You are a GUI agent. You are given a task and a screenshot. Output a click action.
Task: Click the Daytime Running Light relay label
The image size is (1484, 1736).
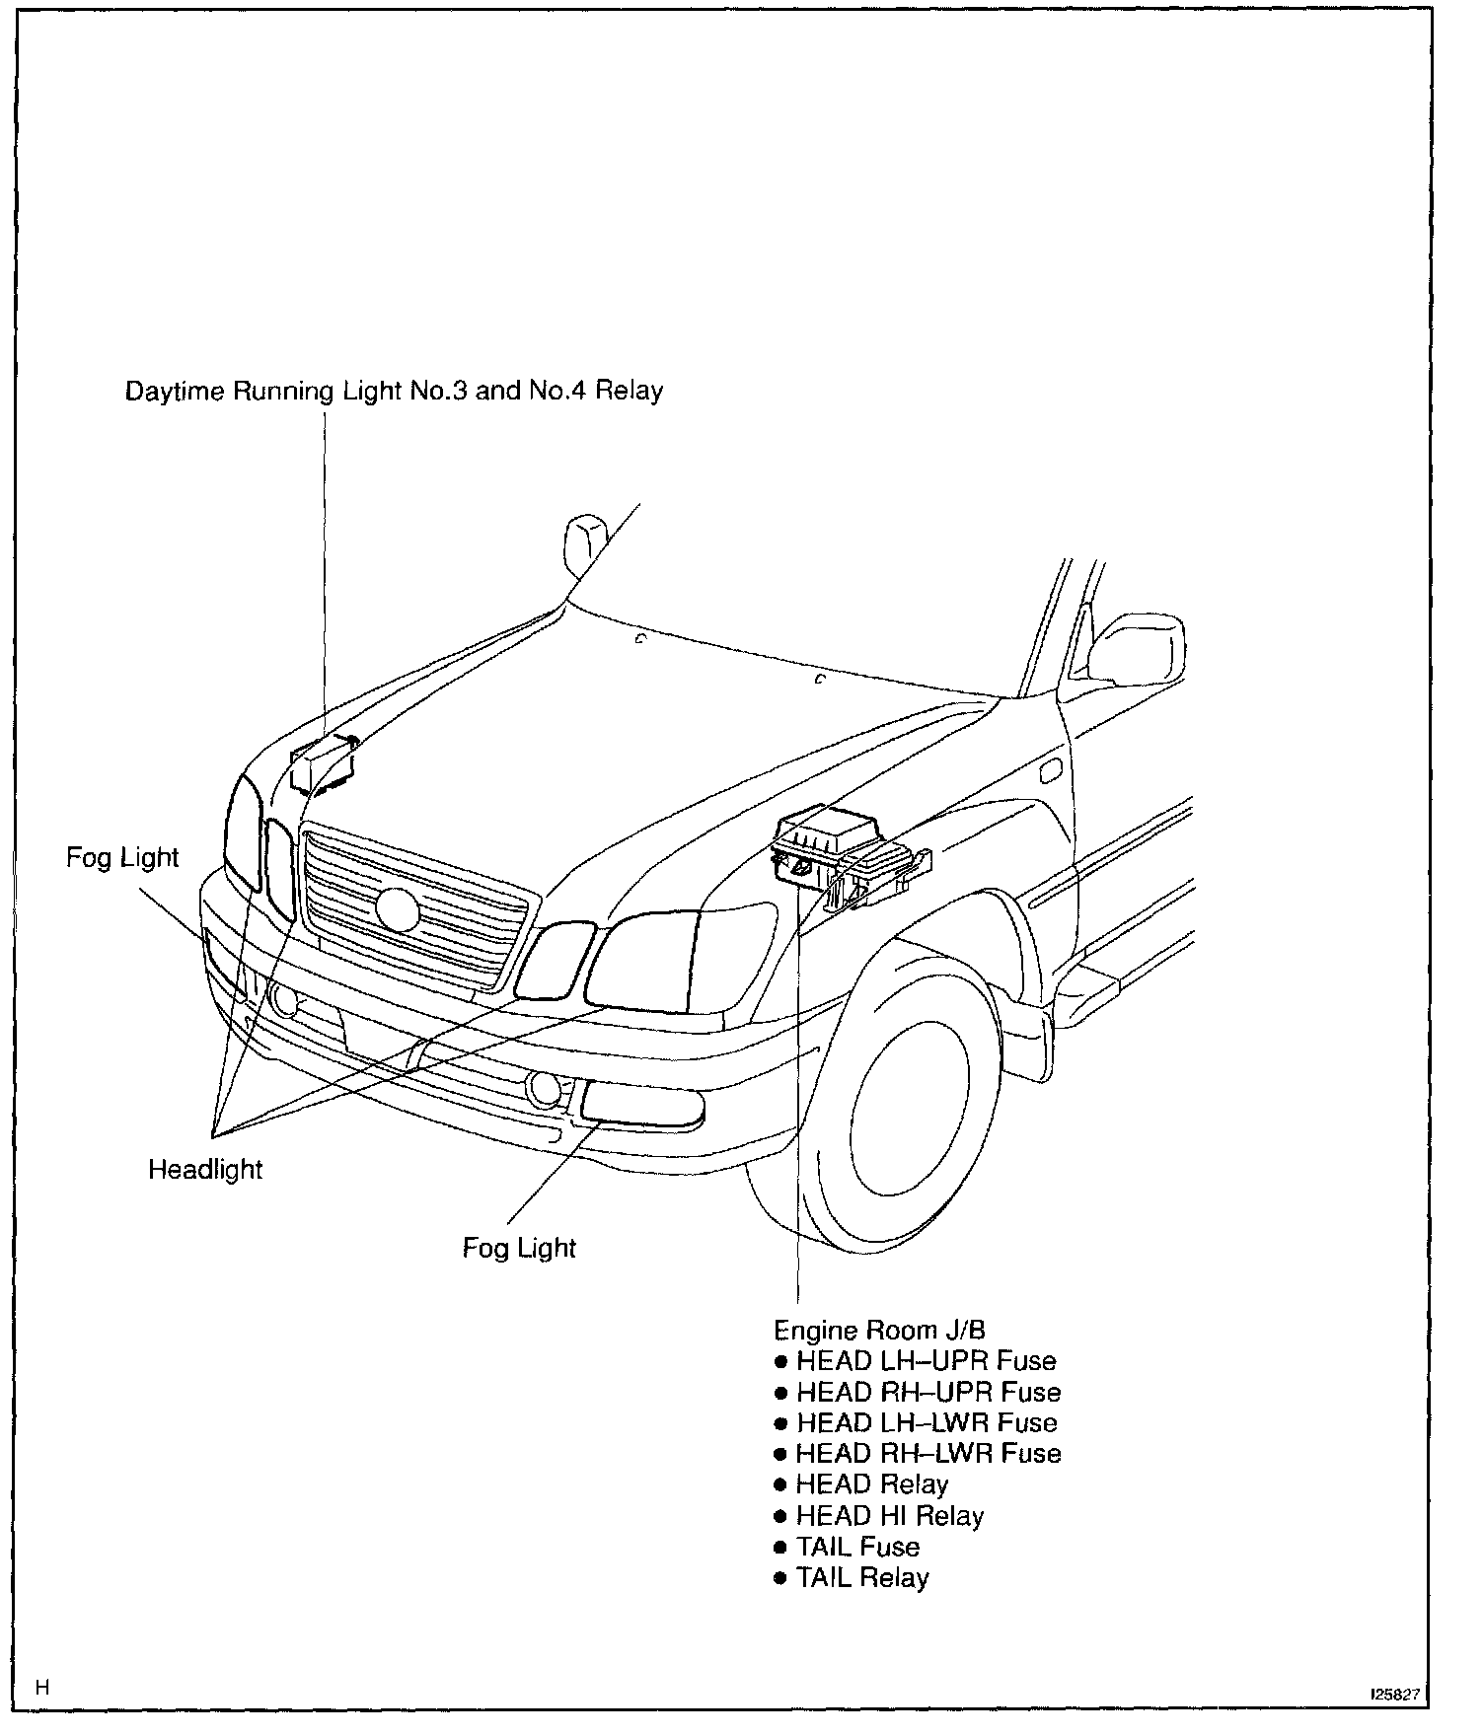(x=394, y=391)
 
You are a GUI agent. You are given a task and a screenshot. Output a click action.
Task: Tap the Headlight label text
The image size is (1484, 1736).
(x=205, y=1170)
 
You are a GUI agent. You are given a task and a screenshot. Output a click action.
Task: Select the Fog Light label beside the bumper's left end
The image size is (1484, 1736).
(x=122, y=857)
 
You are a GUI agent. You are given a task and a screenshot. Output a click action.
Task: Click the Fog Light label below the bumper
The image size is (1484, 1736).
(x=519, y=1248)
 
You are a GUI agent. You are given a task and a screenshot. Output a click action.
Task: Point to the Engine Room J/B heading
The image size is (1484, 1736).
(x=879, y=1330)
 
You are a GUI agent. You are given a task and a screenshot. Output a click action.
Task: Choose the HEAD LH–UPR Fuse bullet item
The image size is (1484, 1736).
(x=926, y=1361)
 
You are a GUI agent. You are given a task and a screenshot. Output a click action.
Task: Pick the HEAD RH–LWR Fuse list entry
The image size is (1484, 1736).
(x=927, y=1453)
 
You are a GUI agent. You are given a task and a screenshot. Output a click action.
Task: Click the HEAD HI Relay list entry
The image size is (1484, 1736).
(x=889, y=1515)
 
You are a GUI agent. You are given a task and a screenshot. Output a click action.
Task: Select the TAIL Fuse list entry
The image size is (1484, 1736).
(x=857, y=1546)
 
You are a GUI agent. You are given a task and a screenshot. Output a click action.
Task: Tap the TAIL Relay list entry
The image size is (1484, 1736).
(x=862, y=1577)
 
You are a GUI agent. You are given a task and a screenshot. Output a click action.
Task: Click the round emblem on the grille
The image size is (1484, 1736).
(x=398, y=908)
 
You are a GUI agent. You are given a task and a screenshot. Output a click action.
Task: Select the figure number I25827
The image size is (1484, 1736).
(x=1393, y=1695)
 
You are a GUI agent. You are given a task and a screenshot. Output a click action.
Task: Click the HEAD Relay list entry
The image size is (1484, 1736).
(x=871, y=1484)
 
